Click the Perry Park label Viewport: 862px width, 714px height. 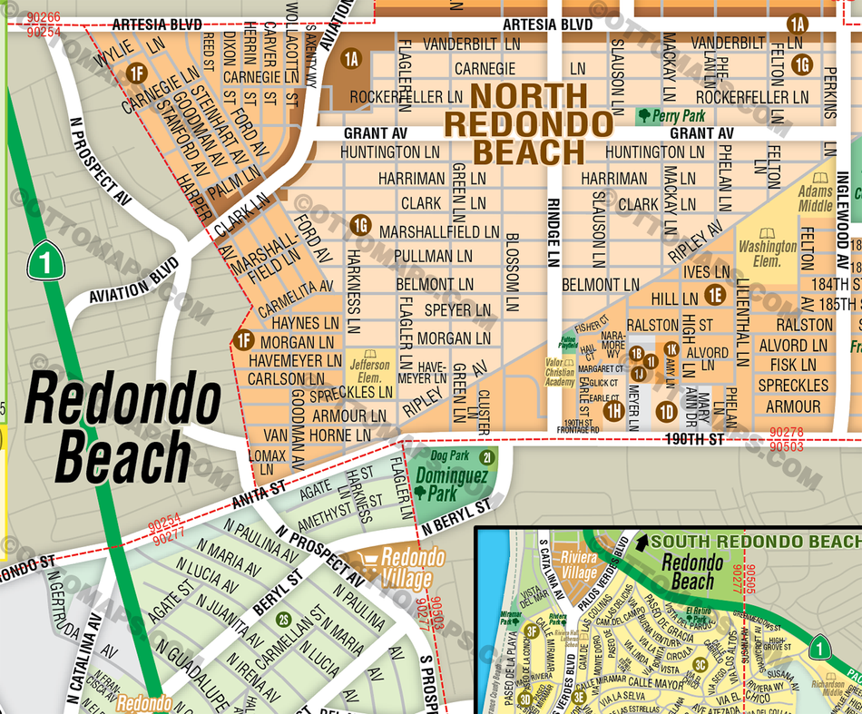pos(671,116)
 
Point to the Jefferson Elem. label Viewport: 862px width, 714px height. pos(369,372)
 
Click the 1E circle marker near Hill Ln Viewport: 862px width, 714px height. pos(715,294)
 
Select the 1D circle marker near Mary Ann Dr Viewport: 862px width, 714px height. pos(667,411)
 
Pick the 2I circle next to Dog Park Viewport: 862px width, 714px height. pos(486,457)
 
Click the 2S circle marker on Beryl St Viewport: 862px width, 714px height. pos(283,620)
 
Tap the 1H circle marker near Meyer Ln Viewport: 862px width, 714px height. pos(613,411)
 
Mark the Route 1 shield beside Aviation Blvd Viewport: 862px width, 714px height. pos(43,260)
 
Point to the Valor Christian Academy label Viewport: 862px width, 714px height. pos(560,373)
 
